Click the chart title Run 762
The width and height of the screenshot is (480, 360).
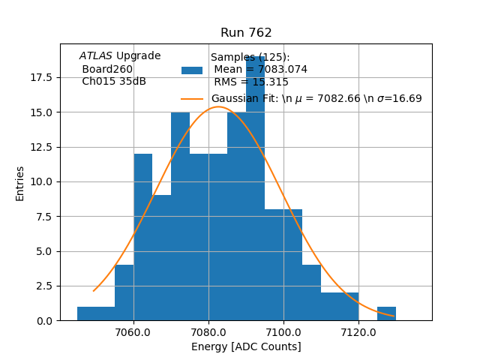click(x=246, y=33)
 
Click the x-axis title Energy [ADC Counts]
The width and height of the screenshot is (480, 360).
click(x=246, y=346)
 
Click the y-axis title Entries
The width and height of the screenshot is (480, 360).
click(x=20, y=183)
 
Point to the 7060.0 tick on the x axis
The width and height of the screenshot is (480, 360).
click(x=133, y=331)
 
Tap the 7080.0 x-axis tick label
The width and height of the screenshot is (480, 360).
click(x=208, y=331)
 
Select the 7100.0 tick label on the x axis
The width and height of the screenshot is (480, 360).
click(x=283, y=331)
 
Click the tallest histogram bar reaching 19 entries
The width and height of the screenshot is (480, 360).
click(x=255, y=187)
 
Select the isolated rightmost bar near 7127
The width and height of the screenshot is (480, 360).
click(x=386, y=313)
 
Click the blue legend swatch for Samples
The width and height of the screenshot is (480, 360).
click(x=192, y=70)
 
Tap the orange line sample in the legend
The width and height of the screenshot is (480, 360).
click(x=192, y=98)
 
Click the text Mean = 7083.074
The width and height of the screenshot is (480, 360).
click(x=260, y=70)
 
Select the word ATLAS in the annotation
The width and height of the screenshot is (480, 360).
click(x=96, y=56)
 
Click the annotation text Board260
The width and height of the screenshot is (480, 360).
click(x=107, y=69)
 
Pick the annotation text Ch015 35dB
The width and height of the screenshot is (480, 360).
click(x=114, y=81)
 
